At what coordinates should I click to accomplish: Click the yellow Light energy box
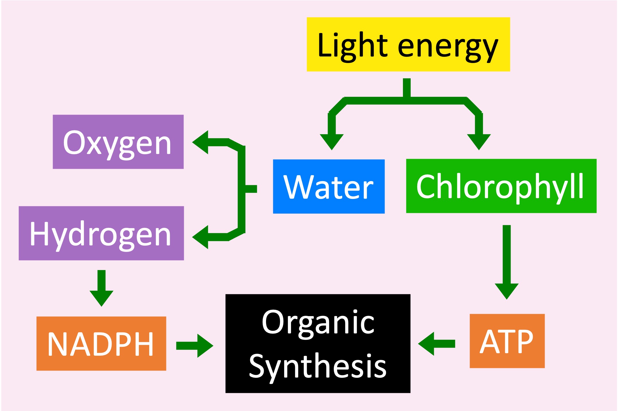pyautogui.click(x=408, y=44)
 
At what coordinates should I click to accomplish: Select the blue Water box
pyautogui.click(x=328, y=186)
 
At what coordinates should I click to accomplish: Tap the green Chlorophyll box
pyautogui.click(x=501, y=186)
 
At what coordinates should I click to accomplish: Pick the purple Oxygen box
pyautogui.click(x=118, y=142)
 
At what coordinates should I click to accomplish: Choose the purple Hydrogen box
pyautogui.click(x=101, y=233)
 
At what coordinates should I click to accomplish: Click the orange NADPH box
pyautogui.click(x=101, y=343)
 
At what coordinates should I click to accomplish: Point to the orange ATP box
pyautogui.click(x=507, y=341)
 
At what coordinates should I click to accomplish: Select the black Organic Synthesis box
pyautogui.click(x=318, y=343)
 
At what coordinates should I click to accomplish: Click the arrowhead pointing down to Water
pyautogui.click(x=332, y=141)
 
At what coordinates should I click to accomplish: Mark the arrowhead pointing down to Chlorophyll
pyautogui.click(x=479, y=141)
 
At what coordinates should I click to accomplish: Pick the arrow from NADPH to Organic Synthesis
pyautogui.click(x=195, y=346)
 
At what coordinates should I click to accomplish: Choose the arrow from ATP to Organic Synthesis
pyautogui.click(x=436, y=344)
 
